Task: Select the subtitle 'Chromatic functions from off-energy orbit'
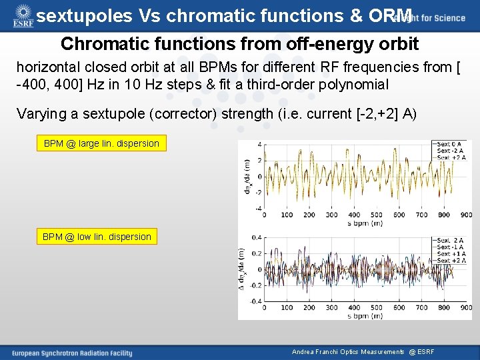pyautogui.click(x=239, y=44)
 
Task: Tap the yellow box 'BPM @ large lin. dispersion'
pyautogui.click(x=101, y=143)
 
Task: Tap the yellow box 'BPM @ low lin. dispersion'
pyautogui.click(x=97, y=237)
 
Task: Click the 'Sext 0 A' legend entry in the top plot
pyautogui.click(x=448, y=144)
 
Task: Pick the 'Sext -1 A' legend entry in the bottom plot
pyautogui.click(x=448, y=247)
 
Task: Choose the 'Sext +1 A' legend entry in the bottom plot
pyautogui.click(x=448, y=253)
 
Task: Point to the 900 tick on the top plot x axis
pyautogui.click(x=467, y=215)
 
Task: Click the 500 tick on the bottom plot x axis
pyautogui.click(x=377, y=308)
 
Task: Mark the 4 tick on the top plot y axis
pyautogui.click(x=259, y=144)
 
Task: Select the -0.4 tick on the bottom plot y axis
pyautogui.click(x=255, y=301)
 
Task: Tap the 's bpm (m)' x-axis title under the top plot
pyautogui.click(x=365, y=223)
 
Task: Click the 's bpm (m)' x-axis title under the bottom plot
pyautogui.click(x=365, y=315)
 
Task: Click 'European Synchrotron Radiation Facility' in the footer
pyautogui.click(x=72, y=353)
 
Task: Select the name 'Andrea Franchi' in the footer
pyautogui.click(x=313, y=352)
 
